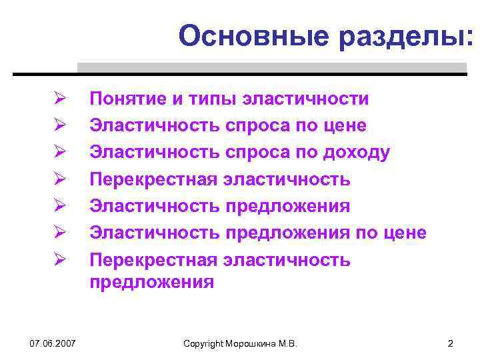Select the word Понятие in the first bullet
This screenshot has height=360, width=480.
[129, 99]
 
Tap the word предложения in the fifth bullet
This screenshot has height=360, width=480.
[287, 206]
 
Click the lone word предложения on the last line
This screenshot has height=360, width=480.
[152, 282]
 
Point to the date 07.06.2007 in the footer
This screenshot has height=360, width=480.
[52, 343]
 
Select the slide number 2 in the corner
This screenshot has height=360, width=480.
[451, 343]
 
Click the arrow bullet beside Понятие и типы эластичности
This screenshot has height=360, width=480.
[59, 99]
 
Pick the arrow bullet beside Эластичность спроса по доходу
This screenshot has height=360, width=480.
[59, 153]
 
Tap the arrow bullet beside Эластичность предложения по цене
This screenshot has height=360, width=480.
[59, 233]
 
